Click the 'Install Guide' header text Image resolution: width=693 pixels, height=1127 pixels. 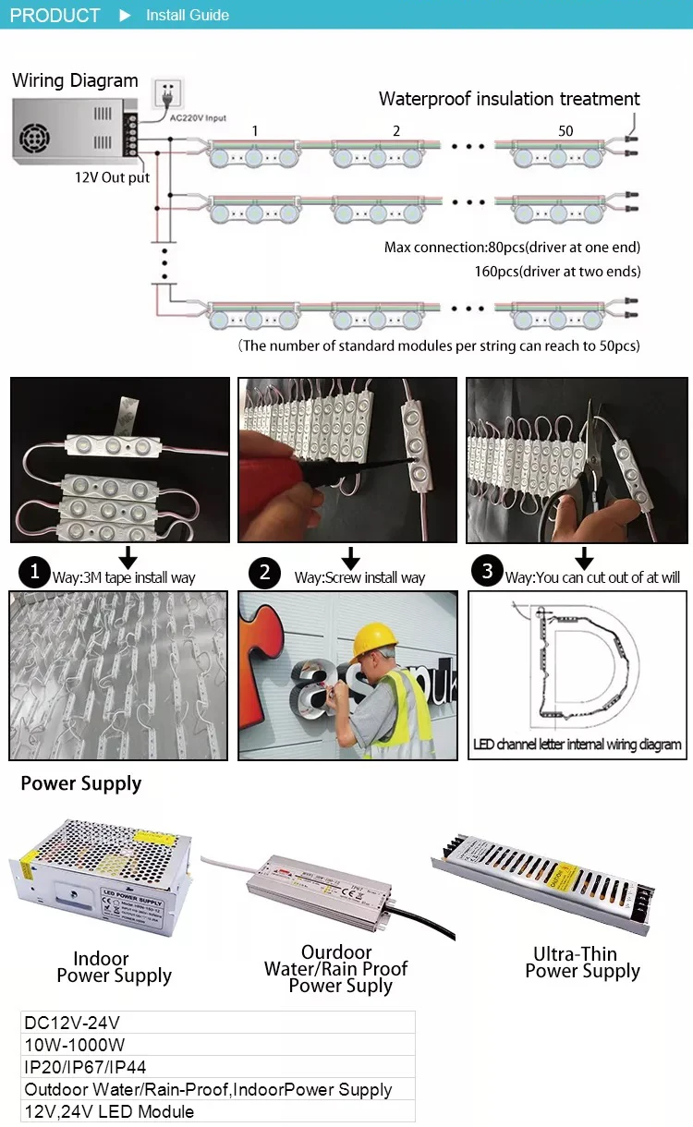[x=187, y=16]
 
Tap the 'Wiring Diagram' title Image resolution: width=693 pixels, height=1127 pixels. [x=75, y=80]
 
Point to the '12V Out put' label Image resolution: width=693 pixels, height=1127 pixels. [x=112, y=177]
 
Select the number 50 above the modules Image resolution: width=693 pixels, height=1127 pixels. [x=565, y=131]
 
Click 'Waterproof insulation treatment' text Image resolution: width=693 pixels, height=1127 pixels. [x=509, y=99]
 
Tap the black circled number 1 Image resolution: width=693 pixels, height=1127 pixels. [x=35, y=573]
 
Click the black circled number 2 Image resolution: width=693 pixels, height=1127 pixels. [x=265, y=573]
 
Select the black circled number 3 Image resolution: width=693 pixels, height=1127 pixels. [x=488, y=572]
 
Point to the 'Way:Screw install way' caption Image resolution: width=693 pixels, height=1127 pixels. [x=359, y=577]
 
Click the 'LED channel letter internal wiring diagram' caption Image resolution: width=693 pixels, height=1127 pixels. [x=577, y=745]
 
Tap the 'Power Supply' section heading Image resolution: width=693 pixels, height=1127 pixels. [x=81, y=784]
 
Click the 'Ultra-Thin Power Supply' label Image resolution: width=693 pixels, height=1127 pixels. [x=582, y=963]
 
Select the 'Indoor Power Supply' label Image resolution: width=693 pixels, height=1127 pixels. [x=114, y=967]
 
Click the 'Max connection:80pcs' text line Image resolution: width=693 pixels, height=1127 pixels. [x=512, y=248]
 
